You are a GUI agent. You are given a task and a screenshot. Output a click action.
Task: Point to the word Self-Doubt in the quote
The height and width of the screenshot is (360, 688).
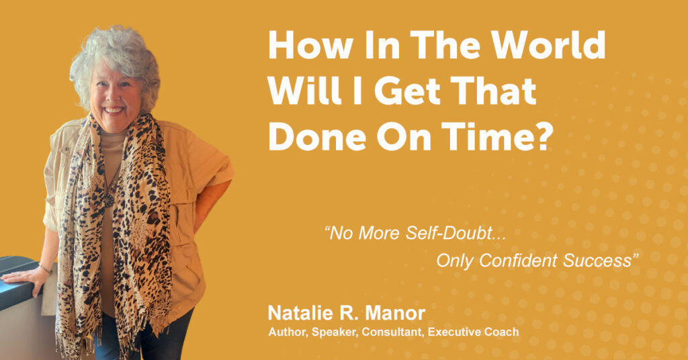[456, 233]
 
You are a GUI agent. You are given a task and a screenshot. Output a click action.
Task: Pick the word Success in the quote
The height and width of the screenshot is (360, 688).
[597, 261]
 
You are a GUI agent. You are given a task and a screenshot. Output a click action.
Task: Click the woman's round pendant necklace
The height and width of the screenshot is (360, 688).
[108, 200]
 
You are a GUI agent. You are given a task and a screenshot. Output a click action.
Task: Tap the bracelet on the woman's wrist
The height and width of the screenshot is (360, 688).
[45, 268]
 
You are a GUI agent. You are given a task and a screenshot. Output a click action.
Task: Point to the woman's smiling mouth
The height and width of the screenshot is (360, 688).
[114, 109]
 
